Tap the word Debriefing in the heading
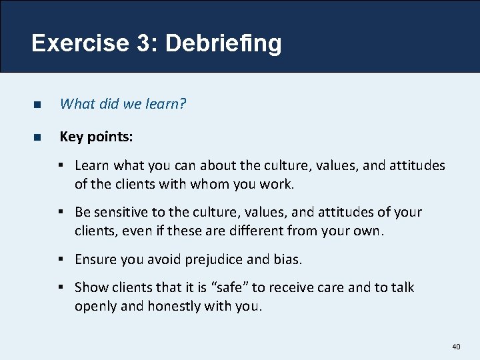pyautogui.click(x=223, y=43)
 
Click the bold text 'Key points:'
pyautogui.click(x=96, y=137)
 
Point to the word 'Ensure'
pyautogui.click(x=96, y=259)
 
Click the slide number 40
pyautogui.click(x=456, y=347)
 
